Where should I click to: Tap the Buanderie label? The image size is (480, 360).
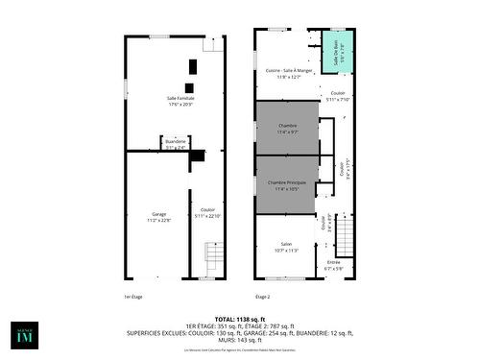(x=176, y=142)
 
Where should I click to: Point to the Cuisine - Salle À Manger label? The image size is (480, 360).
(x=289, y=71)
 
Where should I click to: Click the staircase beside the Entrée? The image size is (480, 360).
(x=346, y=235)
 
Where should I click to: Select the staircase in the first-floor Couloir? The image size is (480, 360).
(x=214, y=257)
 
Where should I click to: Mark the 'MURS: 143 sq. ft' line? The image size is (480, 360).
(x=239, y=340)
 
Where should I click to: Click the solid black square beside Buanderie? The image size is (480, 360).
(x=198, y=156)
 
